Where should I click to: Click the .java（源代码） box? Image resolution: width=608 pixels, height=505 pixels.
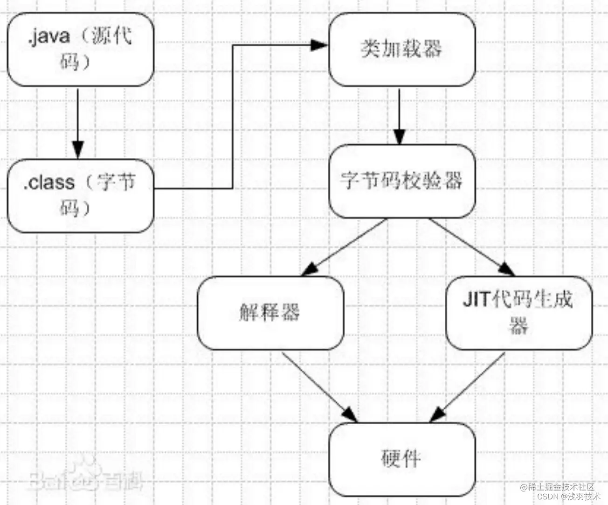(x=80, y=49)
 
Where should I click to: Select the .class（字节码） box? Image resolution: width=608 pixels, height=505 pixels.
(x=80, y=196)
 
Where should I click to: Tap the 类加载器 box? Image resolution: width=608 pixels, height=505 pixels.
(x=402, y=49)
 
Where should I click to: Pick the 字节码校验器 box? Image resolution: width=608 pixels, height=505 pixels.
(x=402, y=181)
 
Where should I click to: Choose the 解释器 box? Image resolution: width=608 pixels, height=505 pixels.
(x=270, y=313)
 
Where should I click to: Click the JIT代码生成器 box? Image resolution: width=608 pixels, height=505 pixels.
(x=518, y=313)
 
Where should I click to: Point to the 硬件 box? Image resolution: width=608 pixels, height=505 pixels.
(x=402, y=459)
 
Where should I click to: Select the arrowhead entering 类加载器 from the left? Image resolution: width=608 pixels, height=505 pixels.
(x=320, y=45)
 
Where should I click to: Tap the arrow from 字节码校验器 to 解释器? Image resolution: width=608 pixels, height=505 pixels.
(x=345, y=247)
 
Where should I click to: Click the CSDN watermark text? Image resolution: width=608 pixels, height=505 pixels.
(x=547, y=497)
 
